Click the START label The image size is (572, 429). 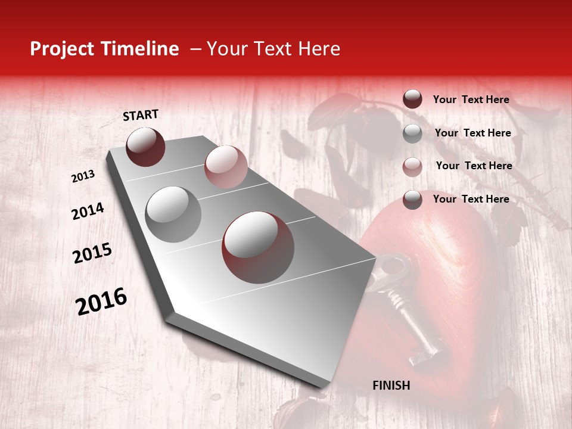[141, 115]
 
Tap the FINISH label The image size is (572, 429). [391, 386]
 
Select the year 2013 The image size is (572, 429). [83, 176]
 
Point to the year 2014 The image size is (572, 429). [88, 211]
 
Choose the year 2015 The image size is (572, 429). [92, 253]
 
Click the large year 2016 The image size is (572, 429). [102, 301]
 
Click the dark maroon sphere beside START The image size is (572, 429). [145, 147]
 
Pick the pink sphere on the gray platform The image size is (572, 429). [226, 166]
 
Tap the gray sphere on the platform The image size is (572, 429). [173, 214]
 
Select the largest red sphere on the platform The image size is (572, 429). [258, 247]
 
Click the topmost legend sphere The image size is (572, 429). [412, 100]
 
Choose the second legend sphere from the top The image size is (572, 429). [412, 133]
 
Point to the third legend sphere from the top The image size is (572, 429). [412, 166]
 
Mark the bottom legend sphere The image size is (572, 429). [412, 200]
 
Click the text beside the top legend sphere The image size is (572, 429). [471, 100]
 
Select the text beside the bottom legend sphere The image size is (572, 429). [471, 199]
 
